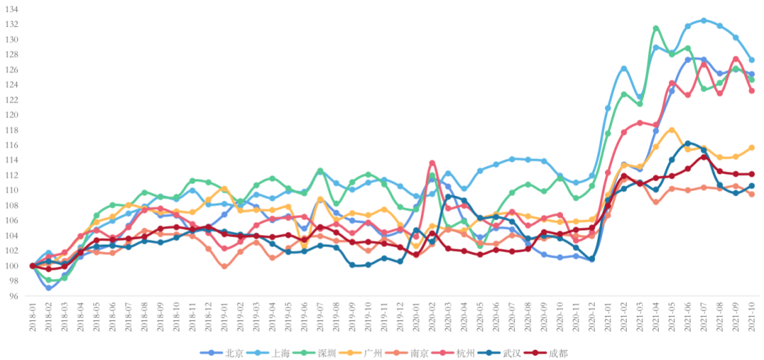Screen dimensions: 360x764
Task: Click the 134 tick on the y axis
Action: pyautogui.click(x=12, y=9)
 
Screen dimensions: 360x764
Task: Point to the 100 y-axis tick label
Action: pyautogui.click(x=12, y=266)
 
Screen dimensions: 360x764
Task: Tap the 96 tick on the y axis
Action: pyautogui.click(x=14, y=296)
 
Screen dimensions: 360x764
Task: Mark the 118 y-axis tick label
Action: pyautogui.click(x=12, y=130)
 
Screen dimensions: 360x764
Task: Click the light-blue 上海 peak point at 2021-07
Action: pyautogui.click(x=704, y=21)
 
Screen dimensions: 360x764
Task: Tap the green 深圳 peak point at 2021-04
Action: pyautogui.click(x=656, y=28)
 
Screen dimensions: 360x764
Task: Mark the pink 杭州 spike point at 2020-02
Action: pyautogui.click(x=432, y=163)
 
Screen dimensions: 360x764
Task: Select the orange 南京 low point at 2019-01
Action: pyautogui.click(x=224, y=267)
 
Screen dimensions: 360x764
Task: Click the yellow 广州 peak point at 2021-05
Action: pyautogui.click(x=672, y=130)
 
